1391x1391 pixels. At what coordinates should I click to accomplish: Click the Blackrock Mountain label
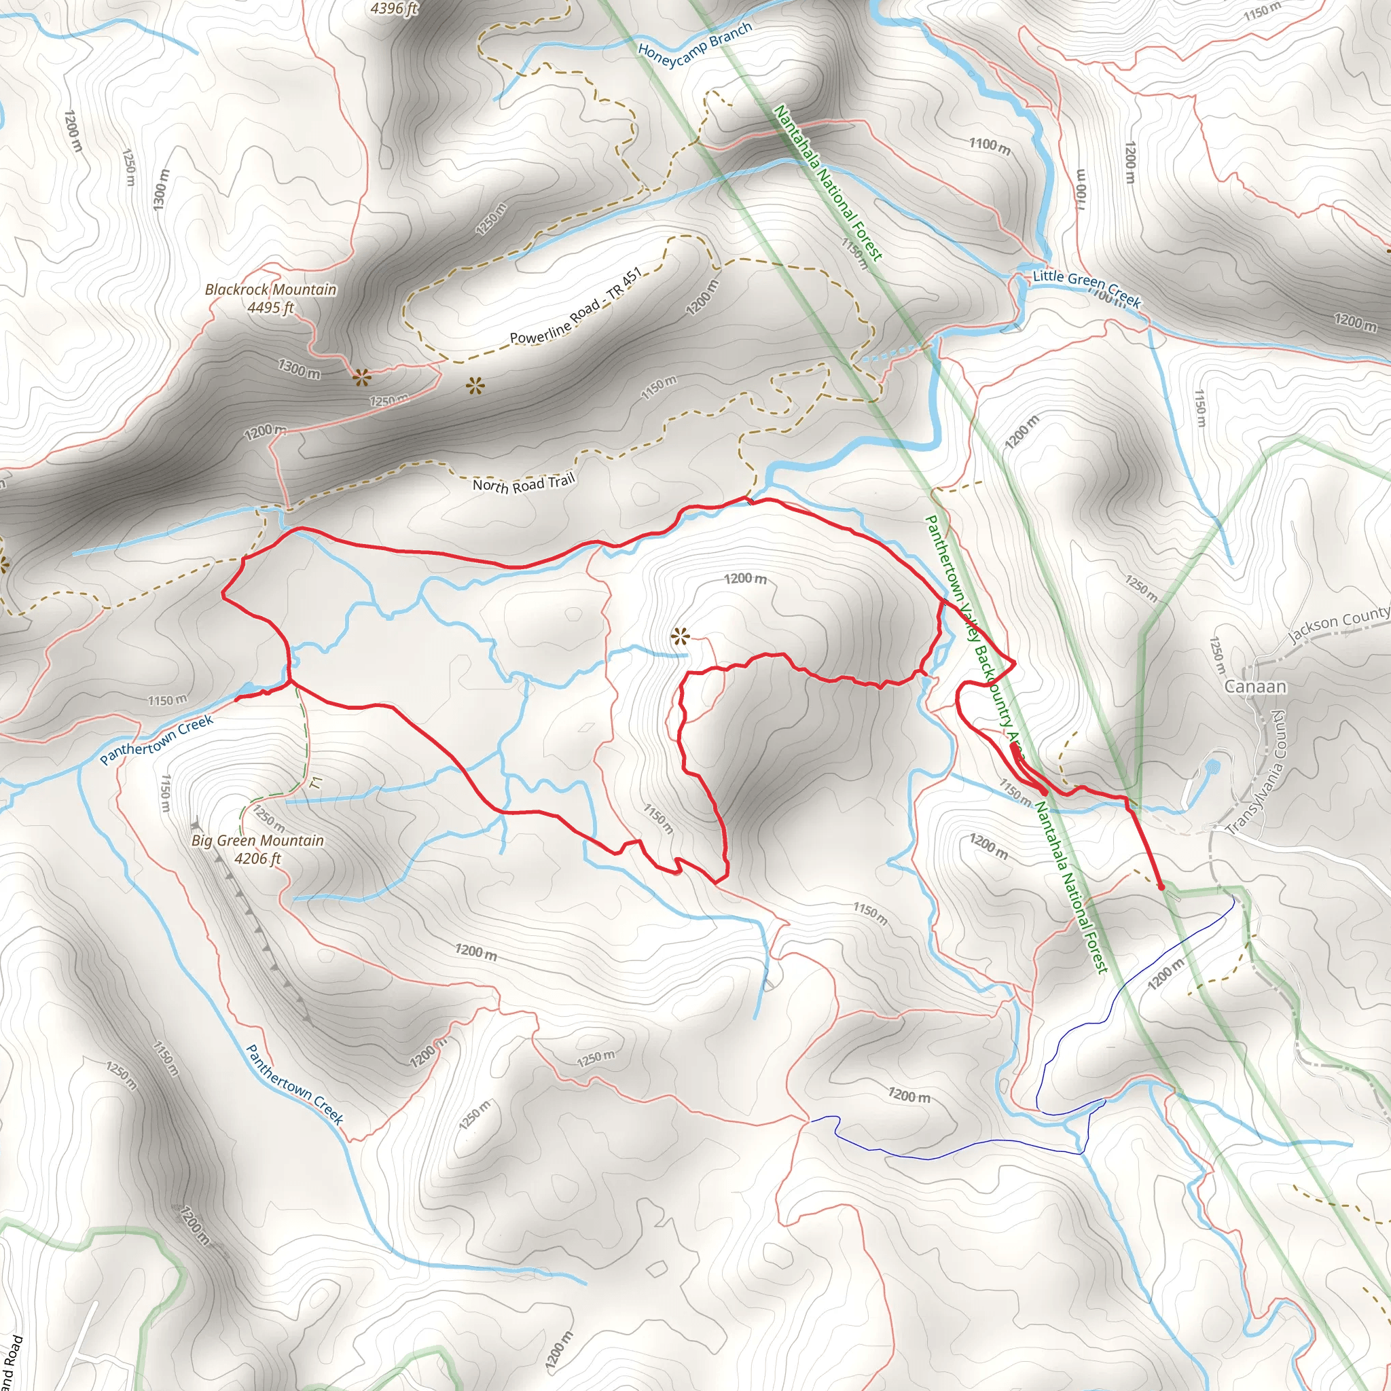271,289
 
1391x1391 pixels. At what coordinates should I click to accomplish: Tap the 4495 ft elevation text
271,308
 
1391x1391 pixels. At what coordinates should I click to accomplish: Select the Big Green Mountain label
257,840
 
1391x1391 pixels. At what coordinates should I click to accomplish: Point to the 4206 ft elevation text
257,859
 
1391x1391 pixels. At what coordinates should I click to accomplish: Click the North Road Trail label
524,484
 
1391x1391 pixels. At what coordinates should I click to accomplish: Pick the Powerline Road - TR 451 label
575,307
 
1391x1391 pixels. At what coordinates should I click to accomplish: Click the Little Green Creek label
1087,288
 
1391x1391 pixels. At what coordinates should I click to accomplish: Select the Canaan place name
1256,686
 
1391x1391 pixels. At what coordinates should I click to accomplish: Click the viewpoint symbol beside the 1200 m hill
680,636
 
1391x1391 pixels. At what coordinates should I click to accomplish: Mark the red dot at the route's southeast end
1161,887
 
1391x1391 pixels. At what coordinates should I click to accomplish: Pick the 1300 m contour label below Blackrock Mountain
300,369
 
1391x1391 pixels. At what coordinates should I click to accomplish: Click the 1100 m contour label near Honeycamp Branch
989,145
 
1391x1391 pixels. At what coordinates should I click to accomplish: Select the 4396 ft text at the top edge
394,9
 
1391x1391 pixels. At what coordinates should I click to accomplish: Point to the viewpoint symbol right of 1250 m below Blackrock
475,386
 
